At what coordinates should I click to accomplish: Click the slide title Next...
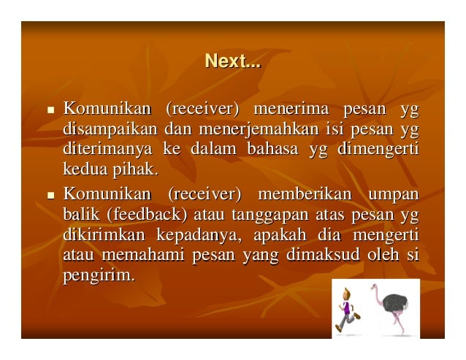click(x=232, y=62)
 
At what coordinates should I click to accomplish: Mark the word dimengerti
click(x=379, y=150)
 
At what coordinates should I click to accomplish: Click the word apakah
click(x=280, y=236)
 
